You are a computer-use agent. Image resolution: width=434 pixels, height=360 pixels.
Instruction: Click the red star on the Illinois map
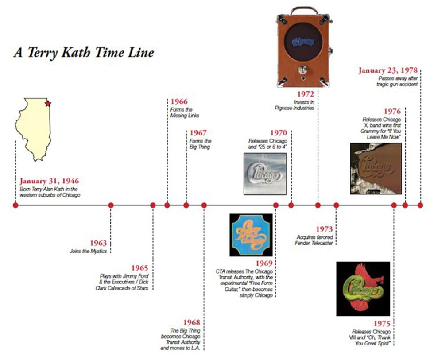point(48,104)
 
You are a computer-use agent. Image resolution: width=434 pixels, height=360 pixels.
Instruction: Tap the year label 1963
point(98,243)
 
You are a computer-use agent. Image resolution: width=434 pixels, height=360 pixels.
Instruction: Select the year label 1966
point(179,101)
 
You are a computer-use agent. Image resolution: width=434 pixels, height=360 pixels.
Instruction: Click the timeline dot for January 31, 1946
point(15,205)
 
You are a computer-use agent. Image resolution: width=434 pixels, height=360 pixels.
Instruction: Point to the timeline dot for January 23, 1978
point(420,205)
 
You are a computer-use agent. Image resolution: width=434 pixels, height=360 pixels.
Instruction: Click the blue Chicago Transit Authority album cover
point(251,235)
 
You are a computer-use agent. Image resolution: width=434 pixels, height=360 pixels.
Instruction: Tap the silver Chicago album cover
point(265,174)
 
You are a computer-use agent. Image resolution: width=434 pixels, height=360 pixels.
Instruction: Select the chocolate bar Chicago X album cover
point(376,168)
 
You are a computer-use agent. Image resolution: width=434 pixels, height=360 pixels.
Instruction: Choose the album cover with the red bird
point(363,289)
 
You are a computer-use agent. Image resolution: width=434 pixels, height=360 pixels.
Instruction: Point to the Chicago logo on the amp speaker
point(303,42)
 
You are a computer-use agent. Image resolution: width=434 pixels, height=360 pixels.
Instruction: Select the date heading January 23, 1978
point(388,70)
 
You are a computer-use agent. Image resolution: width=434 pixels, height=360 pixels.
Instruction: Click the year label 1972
point(306,94)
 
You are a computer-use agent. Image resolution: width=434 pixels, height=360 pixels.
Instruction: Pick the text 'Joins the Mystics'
point(88,251)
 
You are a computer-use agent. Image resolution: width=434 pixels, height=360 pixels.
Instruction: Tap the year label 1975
point(382,324)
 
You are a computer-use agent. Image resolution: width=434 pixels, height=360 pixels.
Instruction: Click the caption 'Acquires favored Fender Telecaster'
point(314,240)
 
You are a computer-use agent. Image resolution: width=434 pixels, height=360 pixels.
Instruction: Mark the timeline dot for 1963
point(111,205)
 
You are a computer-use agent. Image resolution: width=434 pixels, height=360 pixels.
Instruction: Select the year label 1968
point(191,322)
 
